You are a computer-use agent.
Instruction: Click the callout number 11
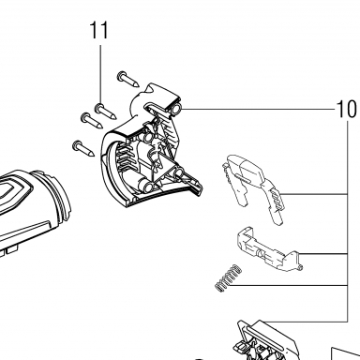(99, 30)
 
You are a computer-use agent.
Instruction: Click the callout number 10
(347, 110)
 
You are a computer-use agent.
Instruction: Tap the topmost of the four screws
(128, 80)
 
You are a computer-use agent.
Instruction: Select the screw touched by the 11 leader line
(106, 112)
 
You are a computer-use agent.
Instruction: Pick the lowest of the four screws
(83, 149)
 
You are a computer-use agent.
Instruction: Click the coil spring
(229, 278)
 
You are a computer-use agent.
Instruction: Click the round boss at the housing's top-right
(176, 109)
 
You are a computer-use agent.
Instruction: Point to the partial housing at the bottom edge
(267, 340)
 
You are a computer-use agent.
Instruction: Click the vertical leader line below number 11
(100, 74)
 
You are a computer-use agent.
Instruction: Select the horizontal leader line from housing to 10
(259, 109)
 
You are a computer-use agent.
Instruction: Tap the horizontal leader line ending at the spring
(291, 285)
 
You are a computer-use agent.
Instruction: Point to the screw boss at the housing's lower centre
(148, 187)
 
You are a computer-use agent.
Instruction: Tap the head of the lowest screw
(77, 145)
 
